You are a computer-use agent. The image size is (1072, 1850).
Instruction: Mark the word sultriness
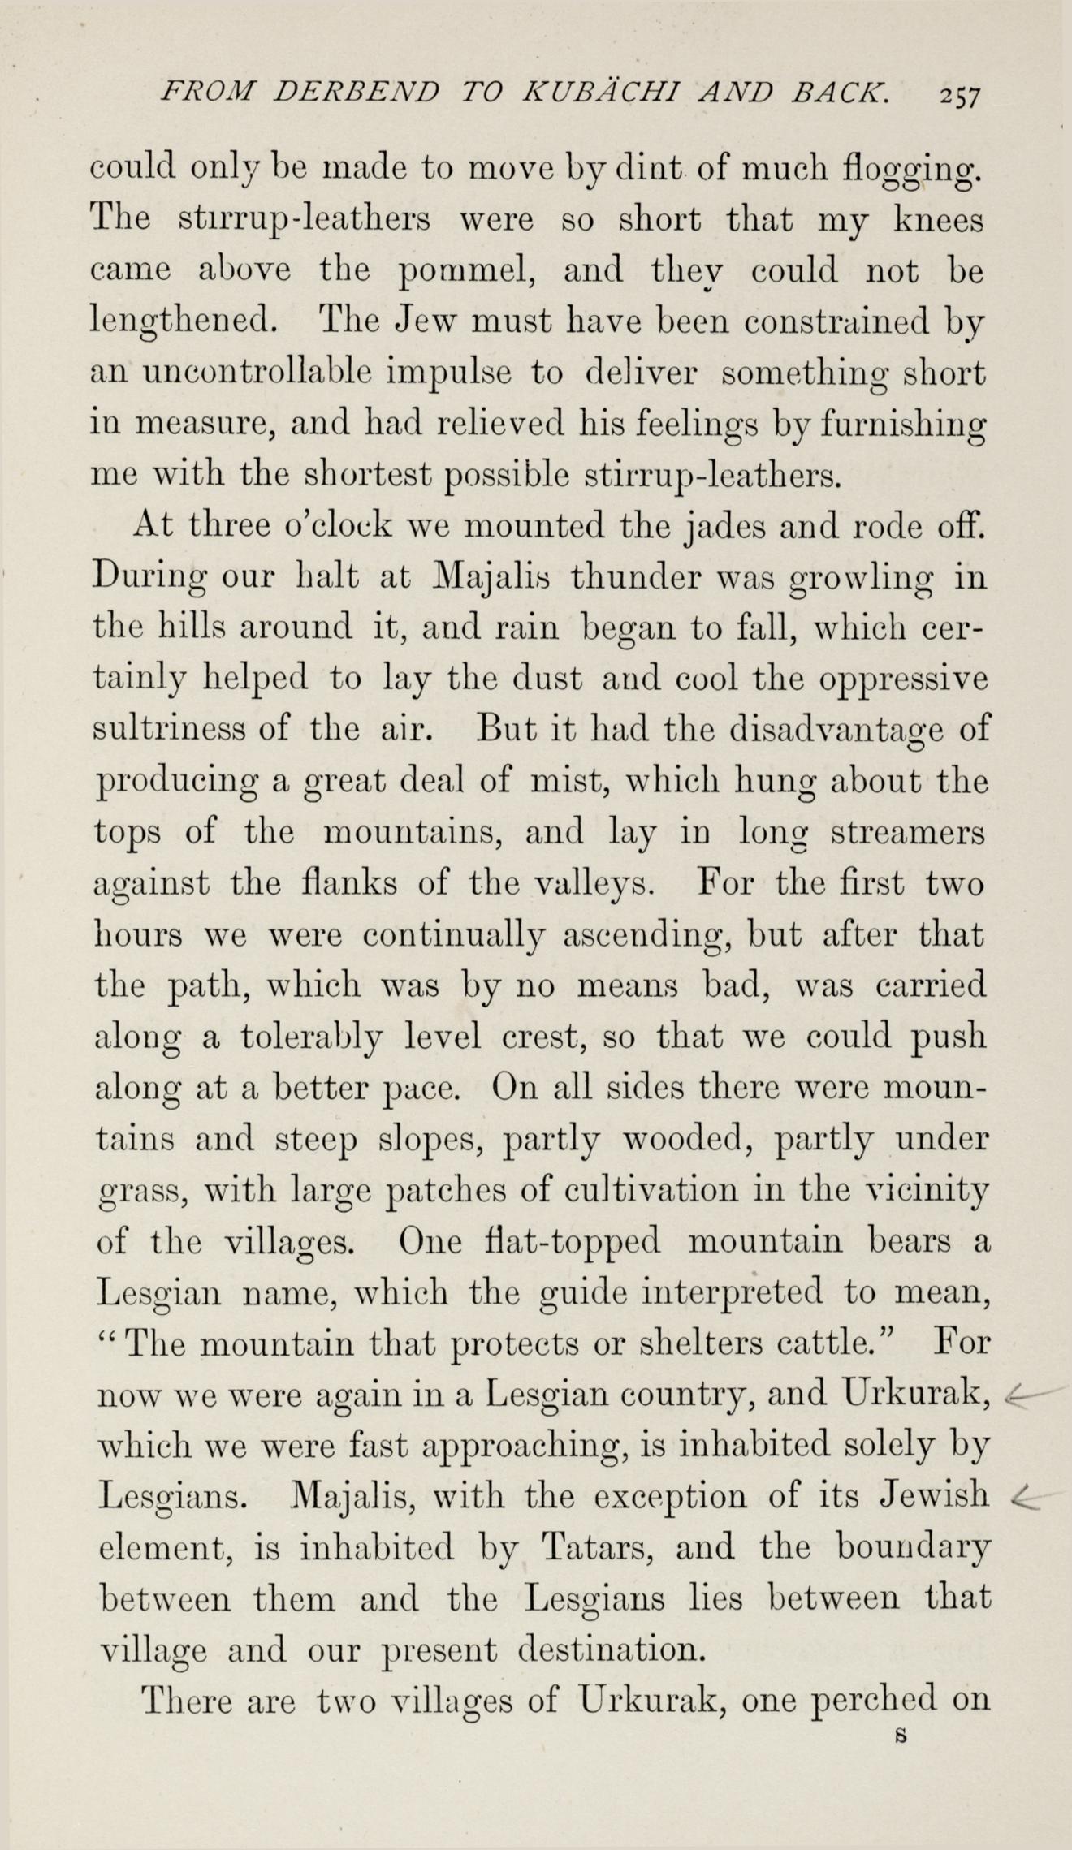(171, 730)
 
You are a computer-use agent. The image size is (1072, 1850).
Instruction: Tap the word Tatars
(599, 1548)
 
